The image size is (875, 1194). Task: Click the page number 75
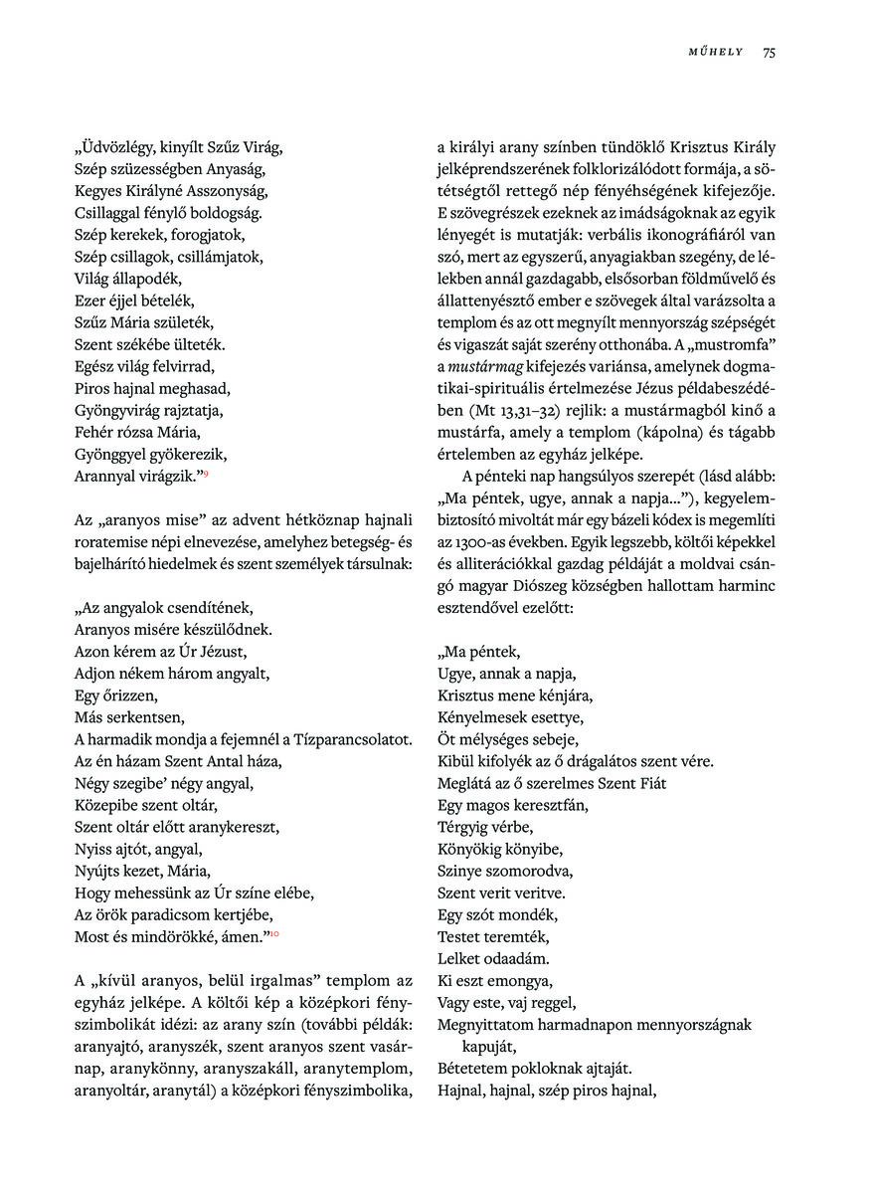tap(769, 53)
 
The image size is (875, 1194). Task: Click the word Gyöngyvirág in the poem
tap(120, 410)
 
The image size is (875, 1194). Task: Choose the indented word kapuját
tap(490, 1047)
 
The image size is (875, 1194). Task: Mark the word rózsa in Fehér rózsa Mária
tap(145, 432)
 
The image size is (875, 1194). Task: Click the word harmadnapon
tap(615, 1025)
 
